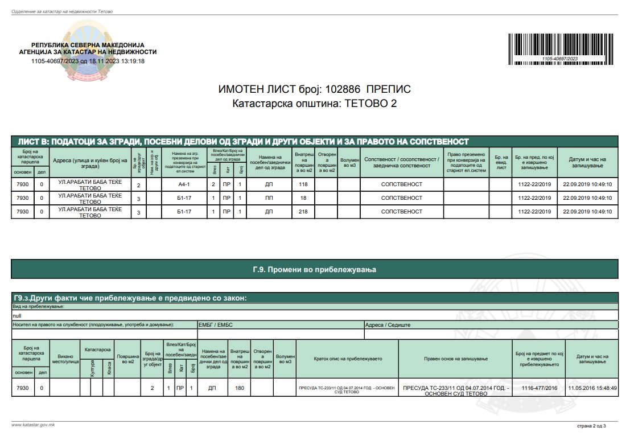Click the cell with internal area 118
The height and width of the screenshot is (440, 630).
(303, 184)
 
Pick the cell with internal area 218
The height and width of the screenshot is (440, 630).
(303, 212)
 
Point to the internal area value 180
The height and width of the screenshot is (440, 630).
(240, 388)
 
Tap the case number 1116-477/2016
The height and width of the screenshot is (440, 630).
(540, 388)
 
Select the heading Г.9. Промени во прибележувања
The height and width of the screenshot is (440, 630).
(315, 269)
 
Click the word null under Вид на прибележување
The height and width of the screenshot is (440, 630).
(17, 315)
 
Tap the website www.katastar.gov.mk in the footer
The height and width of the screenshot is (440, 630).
(33, 425)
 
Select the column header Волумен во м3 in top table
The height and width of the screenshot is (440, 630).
(349, 163)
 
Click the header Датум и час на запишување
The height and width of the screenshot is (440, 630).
(587, 163)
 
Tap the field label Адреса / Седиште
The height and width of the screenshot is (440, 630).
(388, 325)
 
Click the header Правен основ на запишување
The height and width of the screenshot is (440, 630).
(456, 359)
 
